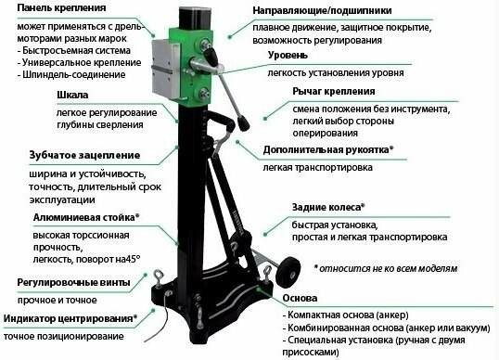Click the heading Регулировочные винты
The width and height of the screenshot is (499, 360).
tap(64, 281)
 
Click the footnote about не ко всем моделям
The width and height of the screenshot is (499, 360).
tap(385, 268)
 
